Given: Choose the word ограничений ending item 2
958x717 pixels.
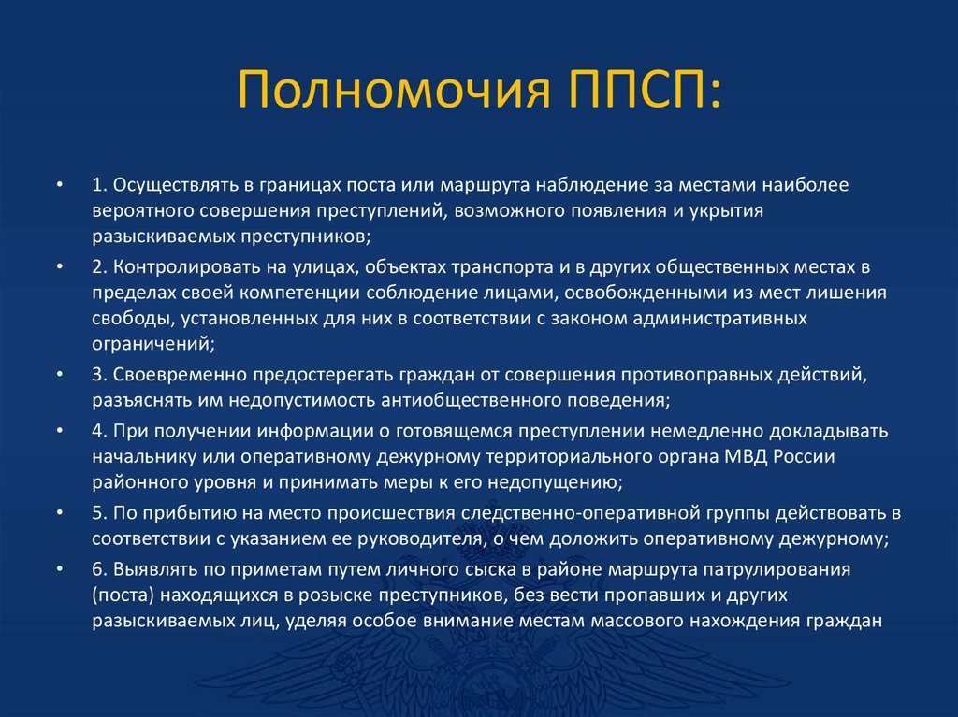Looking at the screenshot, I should point(152,344).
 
